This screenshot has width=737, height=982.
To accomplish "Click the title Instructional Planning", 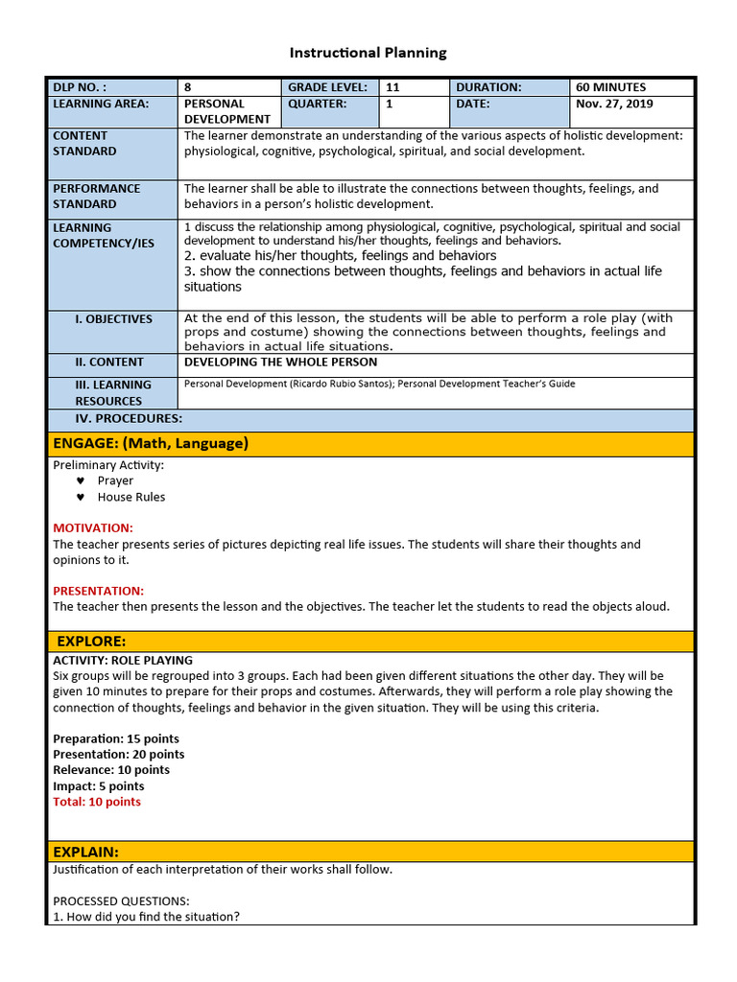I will point(369,53).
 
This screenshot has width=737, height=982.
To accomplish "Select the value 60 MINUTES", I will point(611,87).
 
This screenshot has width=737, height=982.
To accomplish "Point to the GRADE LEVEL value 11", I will point(392,87).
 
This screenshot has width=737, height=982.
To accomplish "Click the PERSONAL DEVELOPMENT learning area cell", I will point(227,111).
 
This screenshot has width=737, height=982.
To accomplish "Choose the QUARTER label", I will point(317,104).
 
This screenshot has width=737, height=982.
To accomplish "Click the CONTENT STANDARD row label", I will point(84,144).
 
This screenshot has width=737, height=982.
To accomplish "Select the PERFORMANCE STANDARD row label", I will point(96,197).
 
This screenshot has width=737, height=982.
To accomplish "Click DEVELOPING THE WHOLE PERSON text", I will point(280,362).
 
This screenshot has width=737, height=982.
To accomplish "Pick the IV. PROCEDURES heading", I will point(129,419).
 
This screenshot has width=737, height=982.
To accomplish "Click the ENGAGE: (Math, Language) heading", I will point(151,443).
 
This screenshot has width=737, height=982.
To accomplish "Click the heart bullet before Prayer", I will point(81,481).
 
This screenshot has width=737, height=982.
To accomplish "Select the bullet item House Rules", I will point(131,498).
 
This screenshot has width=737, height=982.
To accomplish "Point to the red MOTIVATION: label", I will point(93,528).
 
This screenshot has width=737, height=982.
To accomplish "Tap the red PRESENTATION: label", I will point(98,591).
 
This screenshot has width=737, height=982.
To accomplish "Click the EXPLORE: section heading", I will point(91,642).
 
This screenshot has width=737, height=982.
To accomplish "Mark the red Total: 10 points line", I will point(97,802).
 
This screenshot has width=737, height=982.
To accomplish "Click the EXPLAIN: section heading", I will point(86,852).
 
